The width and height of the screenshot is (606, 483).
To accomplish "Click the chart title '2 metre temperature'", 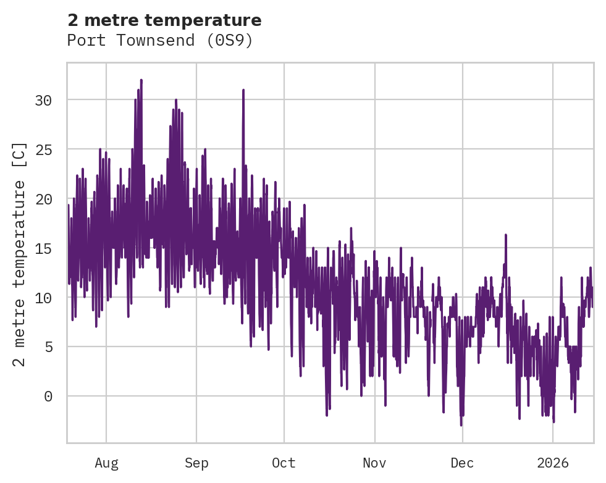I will click(x=164, y=20).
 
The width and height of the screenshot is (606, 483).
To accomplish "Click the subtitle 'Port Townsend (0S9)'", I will click(x=160, y=41).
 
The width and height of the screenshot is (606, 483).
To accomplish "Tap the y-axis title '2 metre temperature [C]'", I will click(x=20, y=253).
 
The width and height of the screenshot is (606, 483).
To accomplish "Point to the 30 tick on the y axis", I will click(x=43, y=100).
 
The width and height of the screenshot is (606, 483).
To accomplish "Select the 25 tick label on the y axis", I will click(x=43, y=149).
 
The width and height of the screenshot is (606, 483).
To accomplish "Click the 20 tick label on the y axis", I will click(x=43, y=199).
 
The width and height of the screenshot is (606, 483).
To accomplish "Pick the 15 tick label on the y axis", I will click(x=43, y=248).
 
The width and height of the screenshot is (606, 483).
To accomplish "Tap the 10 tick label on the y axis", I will click(x=43, y=298).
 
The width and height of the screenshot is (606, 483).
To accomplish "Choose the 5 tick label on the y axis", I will click(x=48, y=347).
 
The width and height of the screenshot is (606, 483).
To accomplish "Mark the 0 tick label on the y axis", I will click(x=48, y=397).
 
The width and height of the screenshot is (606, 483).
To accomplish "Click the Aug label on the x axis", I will click(x=106, y=463).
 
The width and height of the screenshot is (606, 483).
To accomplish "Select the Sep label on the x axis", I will click(x=196, y=463).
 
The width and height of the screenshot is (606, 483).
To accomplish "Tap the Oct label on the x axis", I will click(x=284, y=463).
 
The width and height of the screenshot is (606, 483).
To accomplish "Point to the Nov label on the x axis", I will click(x=374, y=463).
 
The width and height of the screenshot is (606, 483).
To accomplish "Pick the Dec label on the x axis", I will click(x=462, y=463).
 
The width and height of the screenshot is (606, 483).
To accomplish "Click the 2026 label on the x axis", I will click(x=553, y=463).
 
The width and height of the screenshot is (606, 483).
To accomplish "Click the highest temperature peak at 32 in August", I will click(x=141, y=80).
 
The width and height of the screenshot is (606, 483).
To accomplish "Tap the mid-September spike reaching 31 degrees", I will click(x=243, y=90).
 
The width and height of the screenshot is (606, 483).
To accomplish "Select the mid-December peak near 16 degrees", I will click(x=505, y=235).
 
